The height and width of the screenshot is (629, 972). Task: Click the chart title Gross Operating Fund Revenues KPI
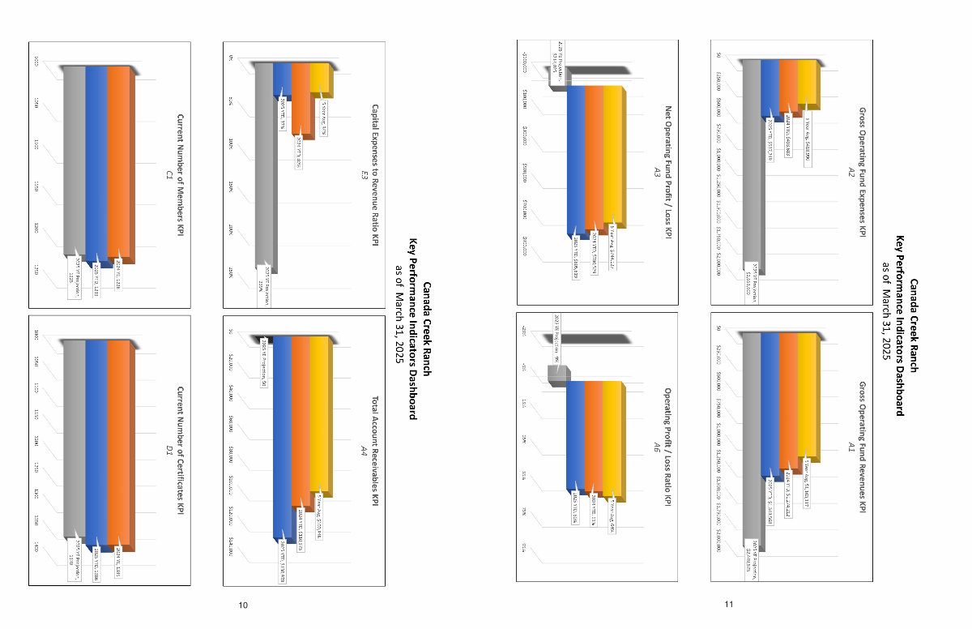pos(862,445)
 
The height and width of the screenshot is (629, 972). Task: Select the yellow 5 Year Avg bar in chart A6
pos(613,434)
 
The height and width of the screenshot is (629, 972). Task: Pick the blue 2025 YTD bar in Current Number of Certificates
pos(96,442)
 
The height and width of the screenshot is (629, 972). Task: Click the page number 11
pos(728,605)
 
